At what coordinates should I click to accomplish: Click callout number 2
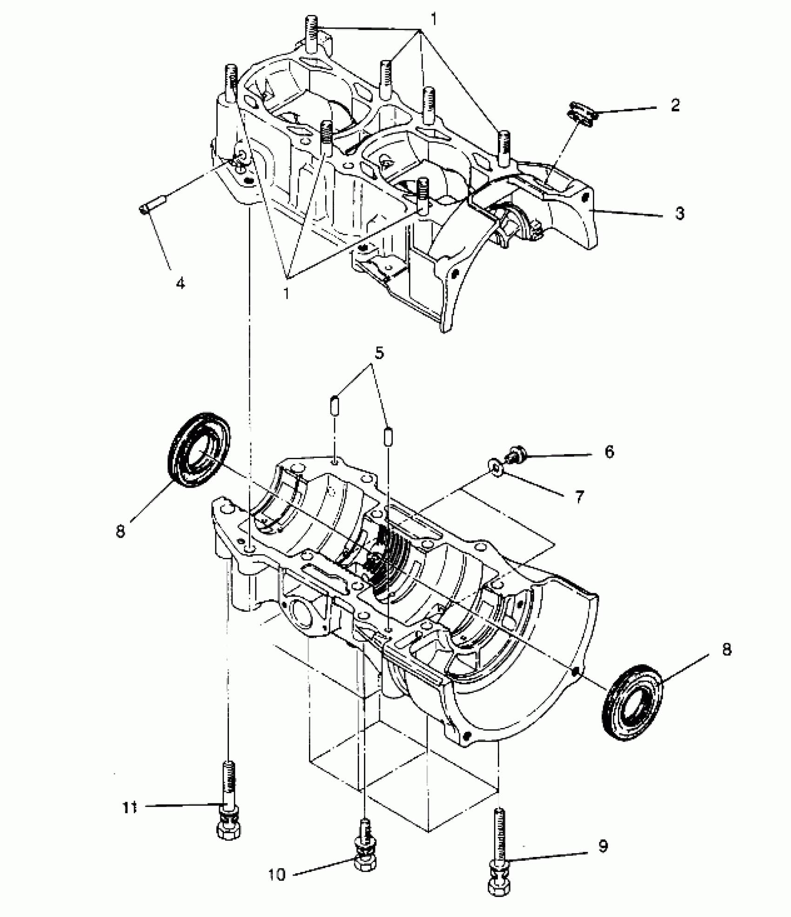click(x=675, y=105)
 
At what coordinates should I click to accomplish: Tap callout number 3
click(x=680, y=214)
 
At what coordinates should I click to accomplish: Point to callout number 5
click(x=380, y=353)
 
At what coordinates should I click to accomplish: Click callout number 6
click(x=609, y=452)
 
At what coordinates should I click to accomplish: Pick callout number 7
click(x=579, y=497)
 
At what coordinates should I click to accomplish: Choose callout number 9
click(x=603, y=847)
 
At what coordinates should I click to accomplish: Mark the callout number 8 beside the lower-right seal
click(x=727, y=649)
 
